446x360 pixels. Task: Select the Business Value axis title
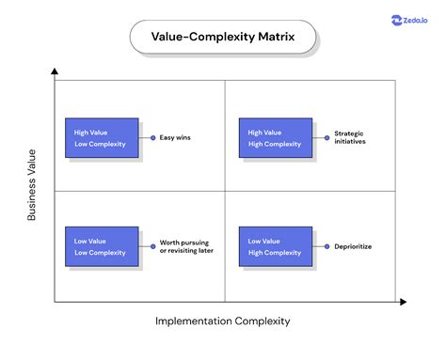32,185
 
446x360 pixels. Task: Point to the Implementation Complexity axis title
223,321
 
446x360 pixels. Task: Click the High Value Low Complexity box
101,137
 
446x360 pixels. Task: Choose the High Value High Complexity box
277,137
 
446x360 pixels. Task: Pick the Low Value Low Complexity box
101,246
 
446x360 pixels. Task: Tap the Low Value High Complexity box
277,246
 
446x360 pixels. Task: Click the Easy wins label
176,138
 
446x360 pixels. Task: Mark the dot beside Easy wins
153,138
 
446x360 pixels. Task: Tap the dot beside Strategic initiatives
327,138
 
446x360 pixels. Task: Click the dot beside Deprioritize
327,246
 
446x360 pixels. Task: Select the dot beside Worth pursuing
153,246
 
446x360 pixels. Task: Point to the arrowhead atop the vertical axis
56,72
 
